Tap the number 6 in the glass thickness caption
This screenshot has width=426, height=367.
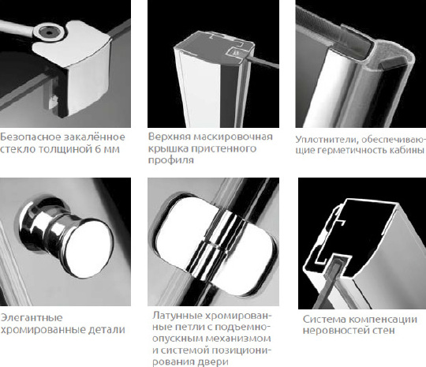(x=96, y=148)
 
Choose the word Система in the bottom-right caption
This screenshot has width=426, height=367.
(x=323, y=319)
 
